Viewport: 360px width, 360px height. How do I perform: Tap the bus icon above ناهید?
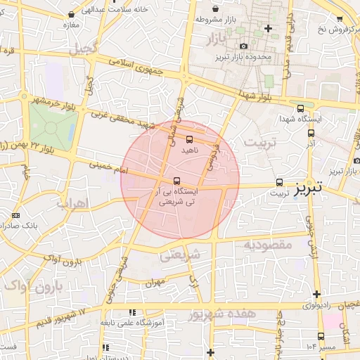[x=189, y=139]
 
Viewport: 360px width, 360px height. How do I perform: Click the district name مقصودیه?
[x=267, y=245]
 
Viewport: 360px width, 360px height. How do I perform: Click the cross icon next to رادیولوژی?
[x=316, y=294]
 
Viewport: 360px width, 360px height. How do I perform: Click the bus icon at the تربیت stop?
[x=280, y=181]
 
